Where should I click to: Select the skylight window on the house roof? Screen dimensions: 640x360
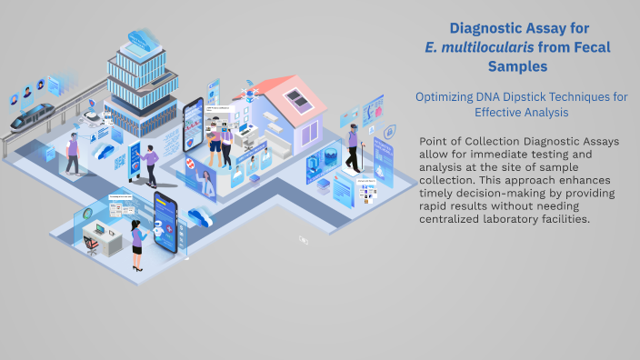tap(296, 96)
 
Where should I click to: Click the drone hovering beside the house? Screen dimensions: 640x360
tap(248, 85)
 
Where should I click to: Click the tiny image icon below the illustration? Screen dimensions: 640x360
tap(304, 240)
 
